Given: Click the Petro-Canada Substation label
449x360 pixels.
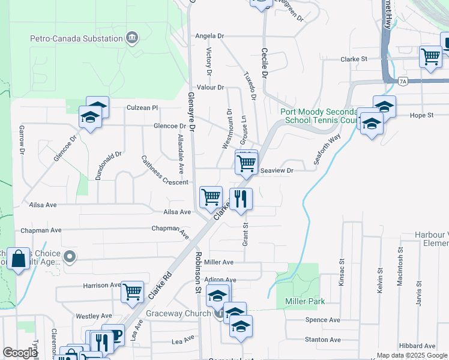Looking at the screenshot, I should coord(76,39).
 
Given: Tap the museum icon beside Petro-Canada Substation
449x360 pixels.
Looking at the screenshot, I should coord(132,39).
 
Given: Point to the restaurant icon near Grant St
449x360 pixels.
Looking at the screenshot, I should coord(241,199).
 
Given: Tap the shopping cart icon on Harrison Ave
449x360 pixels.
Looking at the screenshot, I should coord(132,292).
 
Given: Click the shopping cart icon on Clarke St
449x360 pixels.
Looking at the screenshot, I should coord(430,56).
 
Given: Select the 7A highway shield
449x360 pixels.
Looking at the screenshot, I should coord(402,81).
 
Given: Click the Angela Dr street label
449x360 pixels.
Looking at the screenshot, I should coord(209,36).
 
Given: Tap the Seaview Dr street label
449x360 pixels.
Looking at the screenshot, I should coord(277,171).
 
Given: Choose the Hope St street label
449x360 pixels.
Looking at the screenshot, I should coord(421,115).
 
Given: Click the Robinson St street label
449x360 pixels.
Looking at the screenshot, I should coord(197,272).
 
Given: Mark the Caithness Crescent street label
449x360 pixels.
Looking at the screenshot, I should coord(164,170).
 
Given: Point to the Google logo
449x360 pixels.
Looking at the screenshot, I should coord(20,353).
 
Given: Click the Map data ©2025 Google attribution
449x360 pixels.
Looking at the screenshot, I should coord(412,355).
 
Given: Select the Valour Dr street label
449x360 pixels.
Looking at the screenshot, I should coord(211,87).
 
